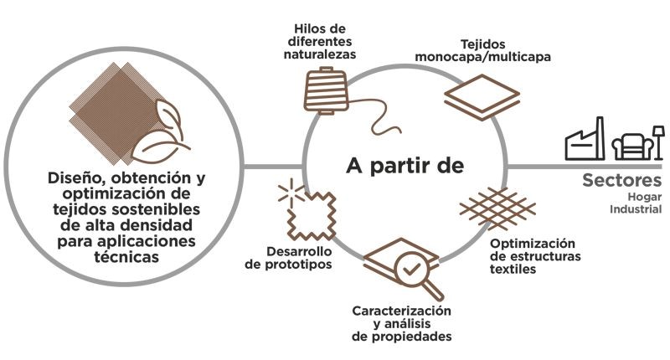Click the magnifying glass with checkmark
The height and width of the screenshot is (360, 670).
coord(410,272)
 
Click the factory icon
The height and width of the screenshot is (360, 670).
coord(585,142)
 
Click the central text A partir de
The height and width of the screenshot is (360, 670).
coord(405,165)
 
